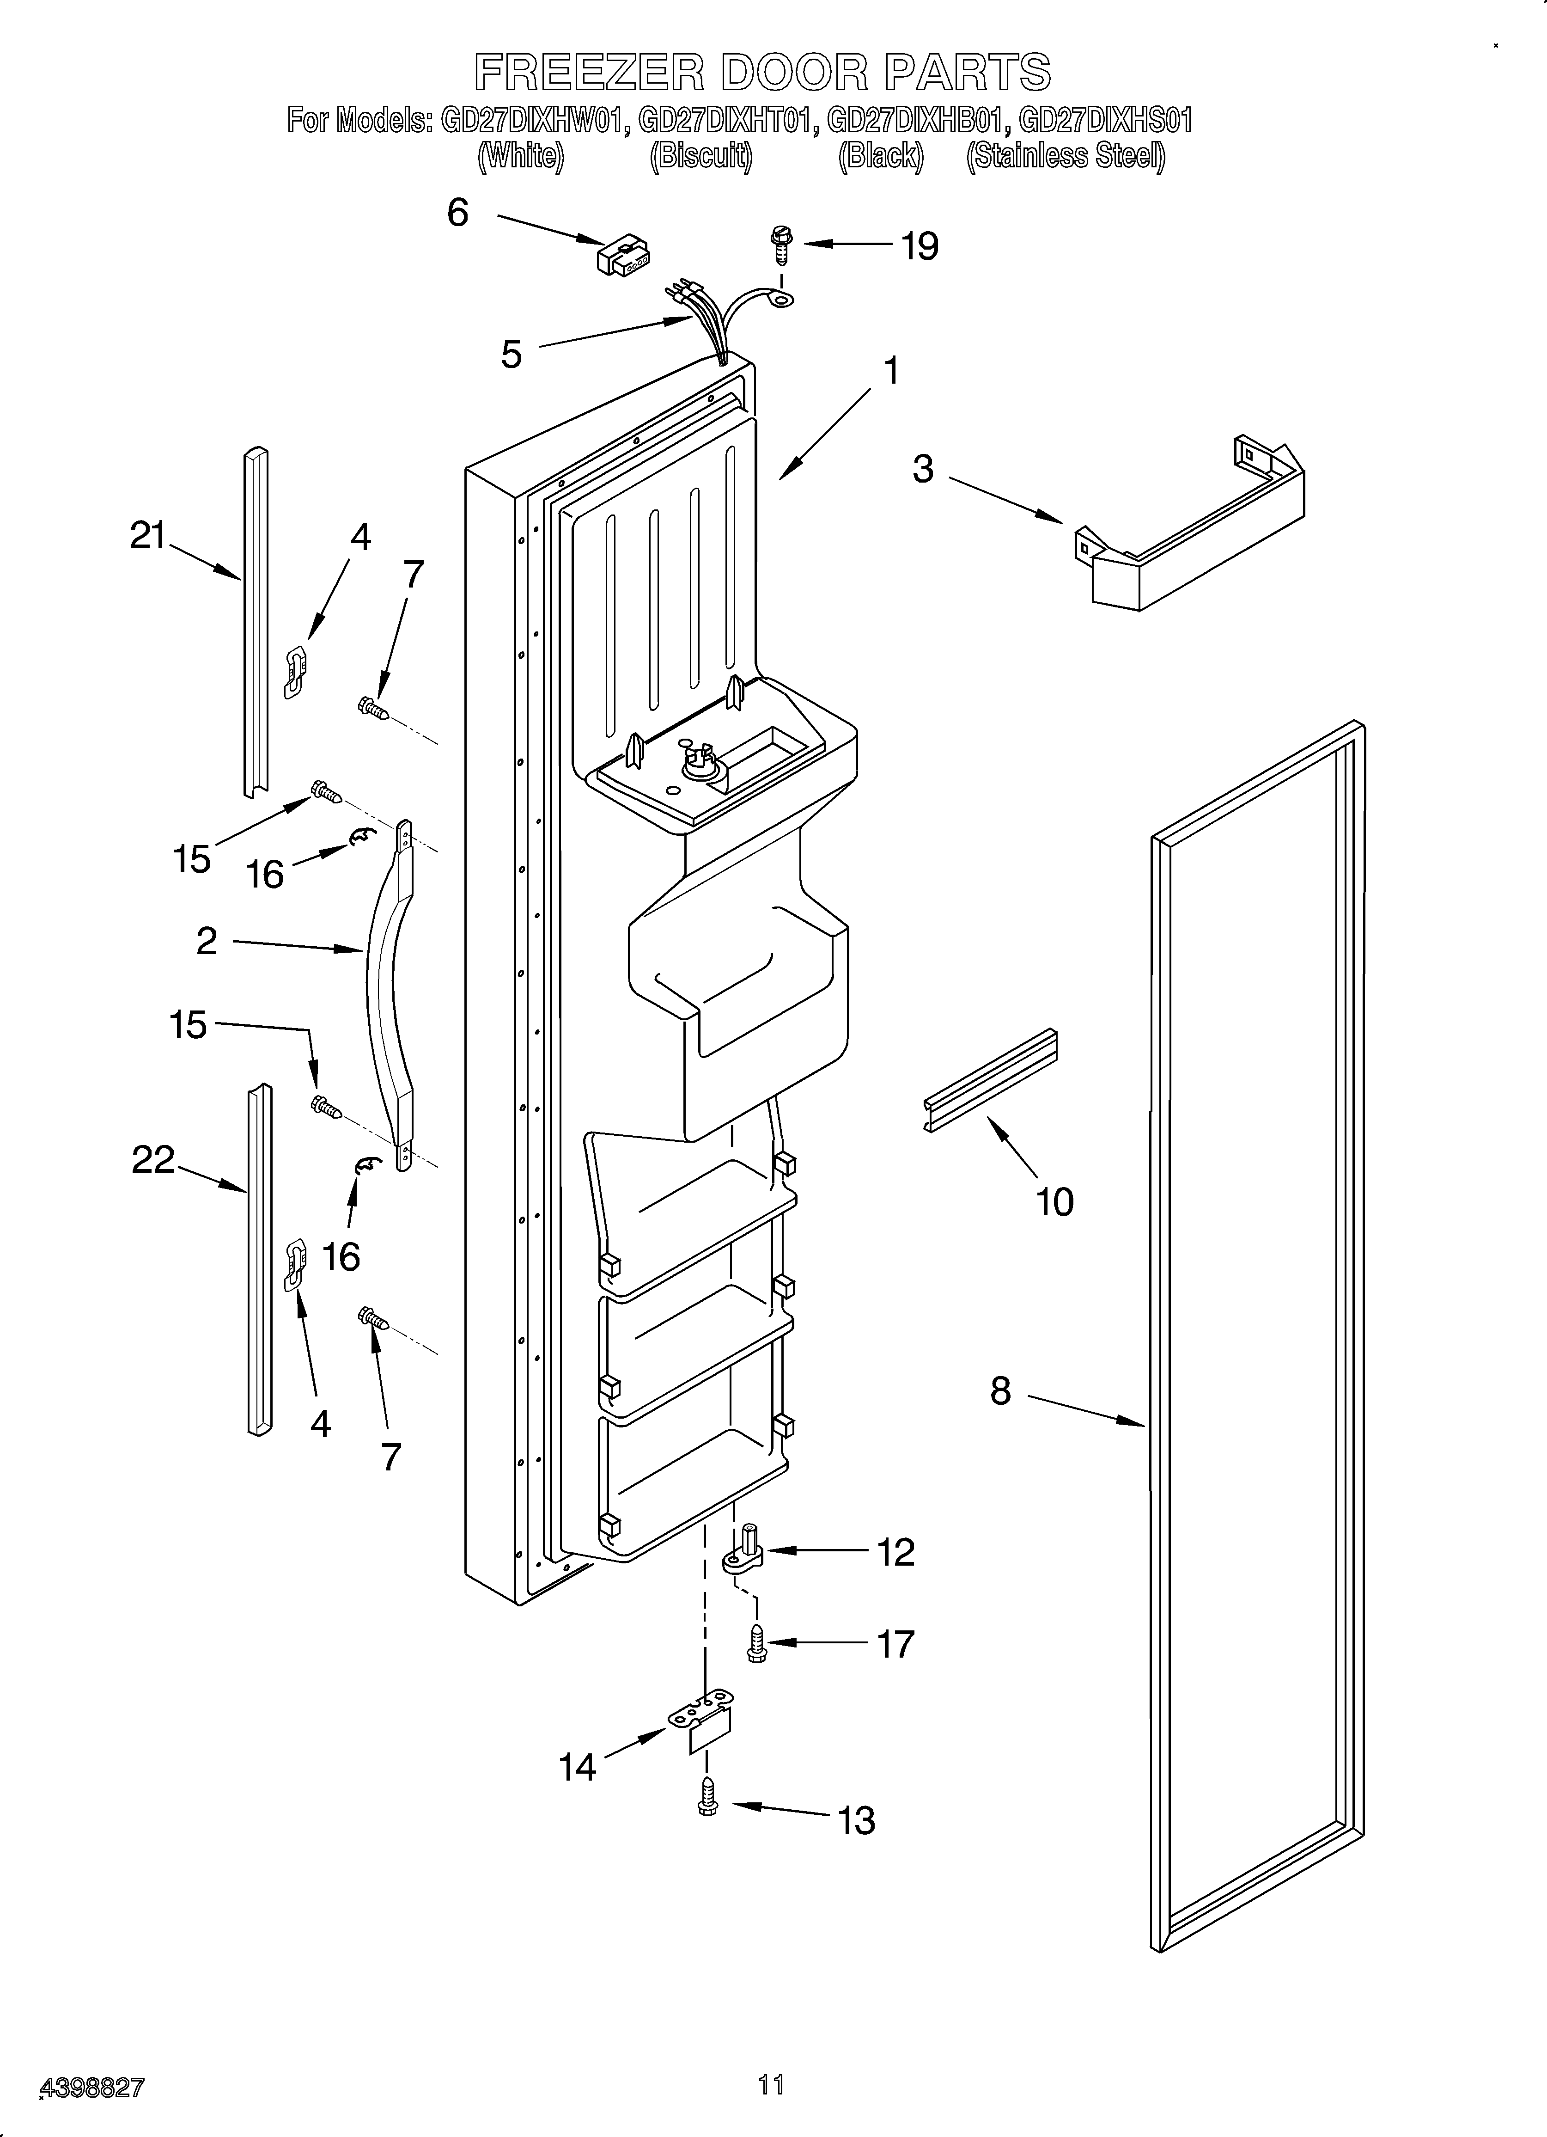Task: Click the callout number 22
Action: (152, 1160)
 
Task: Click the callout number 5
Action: (512, 355)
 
